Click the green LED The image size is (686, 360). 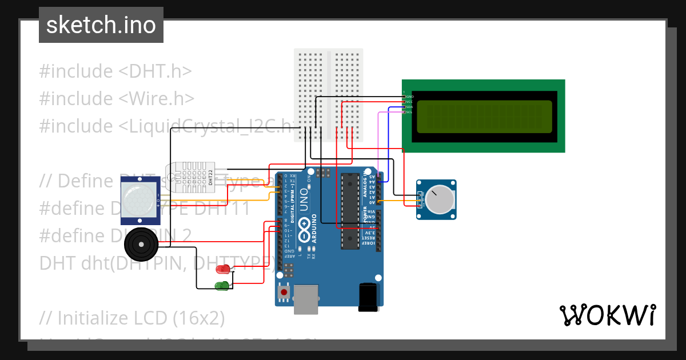point(221,285)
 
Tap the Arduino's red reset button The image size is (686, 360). point(284,293)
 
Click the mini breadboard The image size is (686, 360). point(329,95)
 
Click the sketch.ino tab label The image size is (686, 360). point(101,25)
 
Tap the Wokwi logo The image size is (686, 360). point(607,315)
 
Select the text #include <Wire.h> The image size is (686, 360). point(117,98)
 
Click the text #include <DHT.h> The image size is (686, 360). point(115,71)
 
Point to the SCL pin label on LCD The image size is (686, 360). point(409,112)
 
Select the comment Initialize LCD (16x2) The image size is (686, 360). point(132,317)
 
